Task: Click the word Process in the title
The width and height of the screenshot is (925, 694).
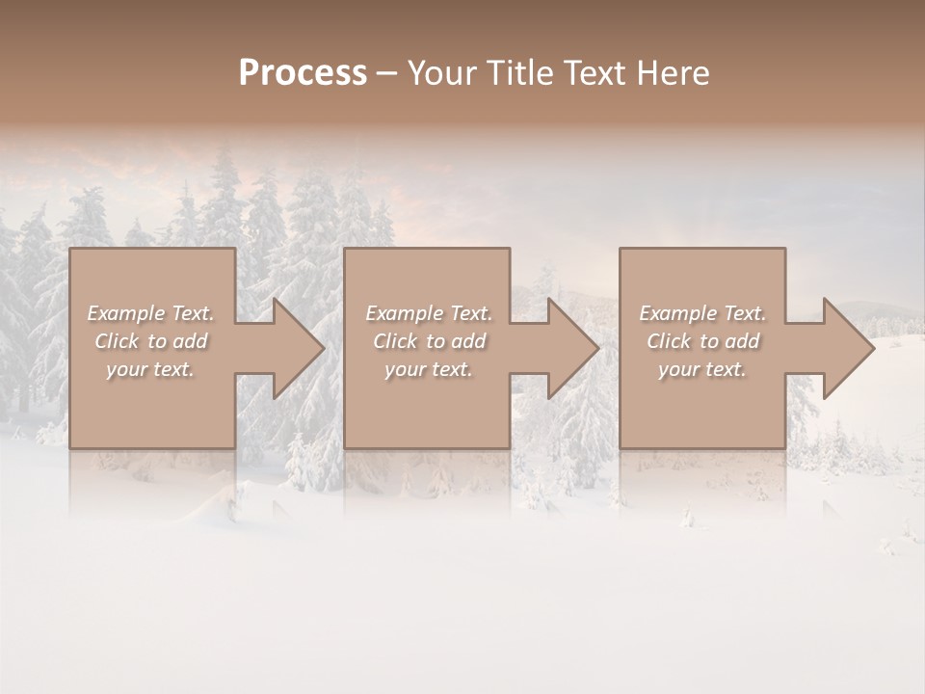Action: [x=303, y=73]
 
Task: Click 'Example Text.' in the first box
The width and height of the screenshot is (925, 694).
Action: [x=151, y=313]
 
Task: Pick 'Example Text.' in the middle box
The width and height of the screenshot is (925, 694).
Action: [x=429, y=313]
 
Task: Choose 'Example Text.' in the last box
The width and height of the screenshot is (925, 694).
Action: [x=702, y=313]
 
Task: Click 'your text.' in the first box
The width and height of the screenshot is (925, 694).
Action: [x=150, y=369]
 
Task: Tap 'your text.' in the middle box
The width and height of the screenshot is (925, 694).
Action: [x=428, y=369]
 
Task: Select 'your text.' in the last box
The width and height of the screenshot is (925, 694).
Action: [x=702, y=369]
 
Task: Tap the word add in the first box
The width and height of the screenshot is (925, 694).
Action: [x=191, y=341]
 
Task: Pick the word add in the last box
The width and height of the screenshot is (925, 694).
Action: [x=743, y=341]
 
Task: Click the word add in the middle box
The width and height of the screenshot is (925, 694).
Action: [x=468, y=341]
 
